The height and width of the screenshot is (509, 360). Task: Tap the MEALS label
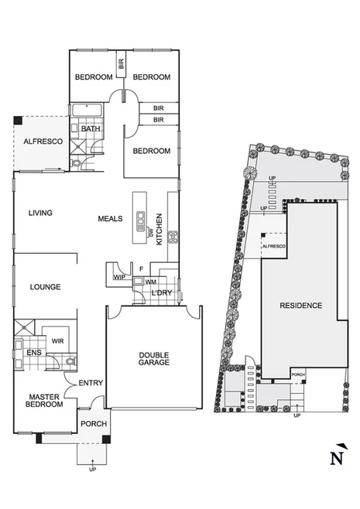tap(110, 219)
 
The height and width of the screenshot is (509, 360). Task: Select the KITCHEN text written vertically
tap(160, 229)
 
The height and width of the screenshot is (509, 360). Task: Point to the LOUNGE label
tap(45, 287)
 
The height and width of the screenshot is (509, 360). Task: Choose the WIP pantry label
tap(118, 276)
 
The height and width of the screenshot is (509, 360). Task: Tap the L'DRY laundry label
tap(161, 293)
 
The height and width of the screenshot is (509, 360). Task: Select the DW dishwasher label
tap(149, 232)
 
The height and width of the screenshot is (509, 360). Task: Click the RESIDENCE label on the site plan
tap(300, 306)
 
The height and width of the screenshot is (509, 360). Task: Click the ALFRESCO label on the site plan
tap(274, 246)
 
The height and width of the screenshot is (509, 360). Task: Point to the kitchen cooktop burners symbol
tap(173, 233)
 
